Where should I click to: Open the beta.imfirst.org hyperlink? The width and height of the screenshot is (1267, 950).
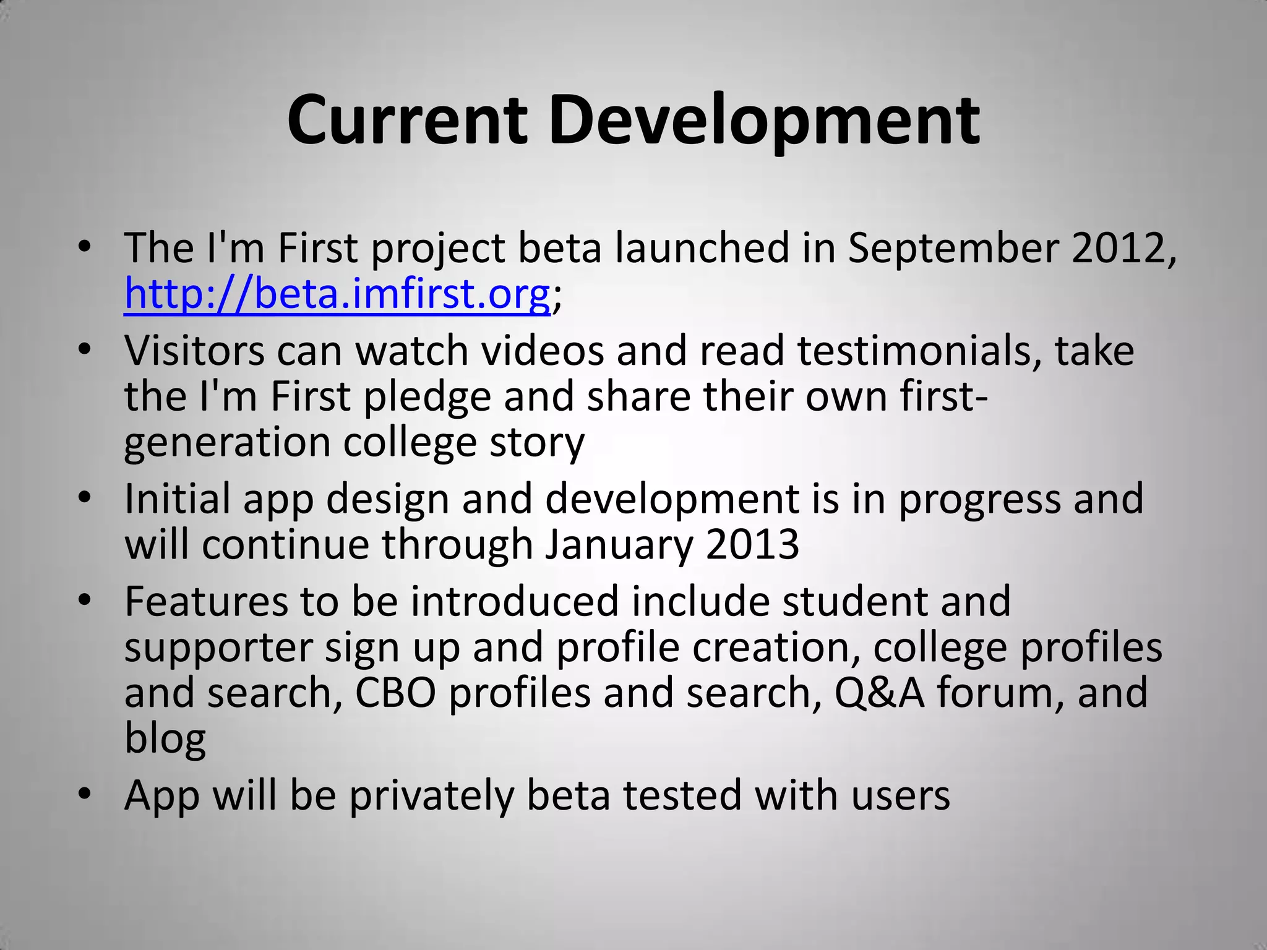pyautogui.click(x=337, y=293)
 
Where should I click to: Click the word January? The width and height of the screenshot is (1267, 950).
pyautogui.click(x=619, y=544)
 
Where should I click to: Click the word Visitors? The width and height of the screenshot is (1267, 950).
pyautogui.click(x=194, y=350)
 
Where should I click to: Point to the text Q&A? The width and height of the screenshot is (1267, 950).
pyautogui.click(x=879, y=692)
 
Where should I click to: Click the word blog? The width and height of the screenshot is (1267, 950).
pyautogui.click(x=165, y=738)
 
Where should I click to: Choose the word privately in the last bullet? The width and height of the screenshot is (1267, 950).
pyautogui.click(x=431, y=795)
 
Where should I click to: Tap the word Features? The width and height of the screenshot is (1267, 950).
pyautogui.click(x=206, y=601)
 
